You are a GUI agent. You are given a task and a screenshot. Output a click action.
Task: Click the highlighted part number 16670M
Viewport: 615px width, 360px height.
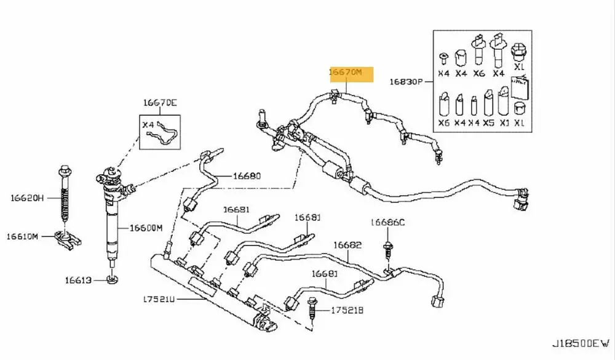(351, 72)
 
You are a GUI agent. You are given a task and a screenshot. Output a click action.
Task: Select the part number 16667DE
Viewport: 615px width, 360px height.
(160, 103)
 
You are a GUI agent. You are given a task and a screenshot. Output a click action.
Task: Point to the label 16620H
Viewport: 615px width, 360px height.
(28, 198)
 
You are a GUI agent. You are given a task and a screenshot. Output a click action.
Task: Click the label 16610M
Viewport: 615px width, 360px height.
(23, 236)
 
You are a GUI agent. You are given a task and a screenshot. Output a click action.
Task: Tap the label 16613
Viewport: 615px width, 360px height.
(79, 281)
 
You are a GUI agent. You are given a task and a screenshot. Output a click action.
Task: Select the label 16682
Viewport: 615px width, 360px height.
(347, 245)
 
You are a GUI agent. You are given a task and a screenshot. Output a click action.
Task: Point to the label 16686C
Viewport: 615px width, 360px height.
(387, 222)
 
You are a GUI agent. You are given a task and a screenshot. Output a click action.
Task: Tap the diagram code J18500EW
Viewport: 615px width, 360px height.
(581, 342)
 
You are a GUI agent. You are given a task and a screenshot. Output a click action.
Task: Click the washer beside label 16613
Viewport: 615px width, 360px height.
(113, 281)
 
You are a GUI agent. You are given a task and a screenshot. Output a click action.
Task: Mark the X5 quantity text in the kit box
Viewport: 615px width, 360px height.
(489, 122)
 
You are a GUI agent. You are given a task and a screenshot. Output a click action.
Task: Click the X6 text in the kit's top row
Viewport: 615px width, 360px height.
(478, 73)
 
